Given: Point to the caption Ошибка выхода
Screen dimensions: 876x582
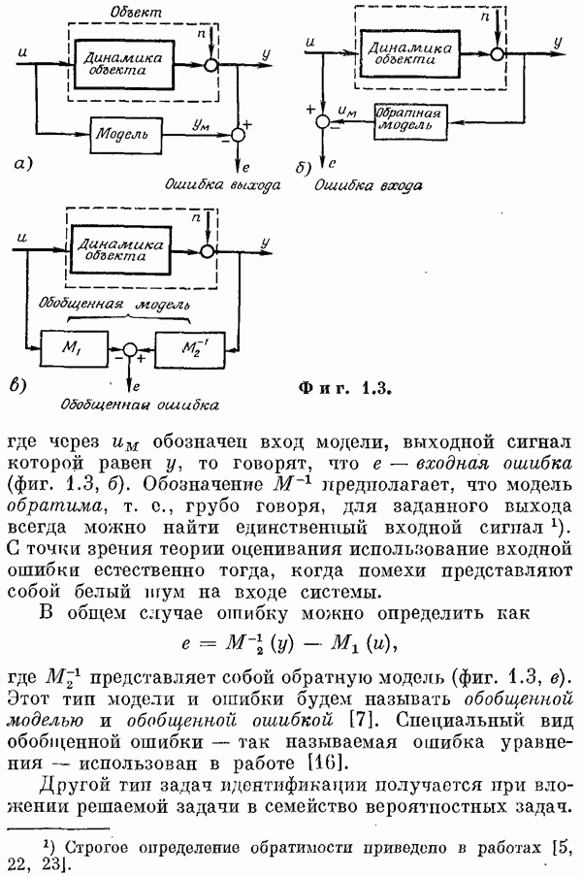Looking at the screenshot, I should pos(216,183).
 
